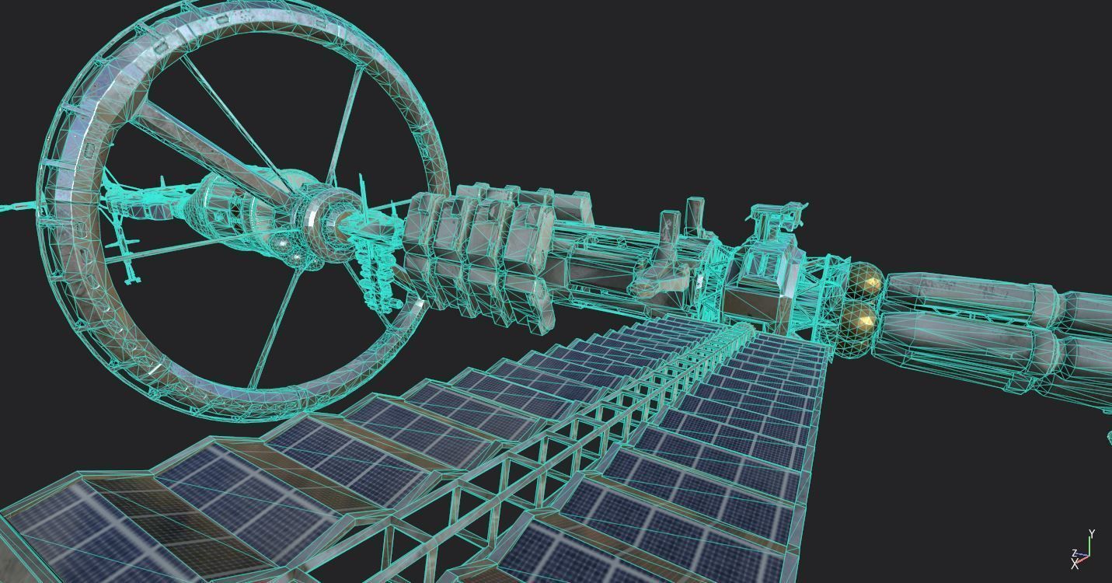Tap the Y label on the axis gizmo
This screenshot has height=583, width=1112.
1092,534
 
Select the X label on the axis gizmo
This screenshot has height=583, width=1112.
1075,565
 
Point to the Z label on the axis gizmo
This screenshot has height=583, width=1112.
1075,553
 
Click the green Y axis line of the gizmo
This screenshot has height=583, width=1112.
1089,547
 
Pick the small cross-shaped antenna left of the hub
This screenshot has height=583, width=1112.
124,249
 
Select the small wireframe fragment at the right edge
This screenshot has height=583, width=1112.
1109,435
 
